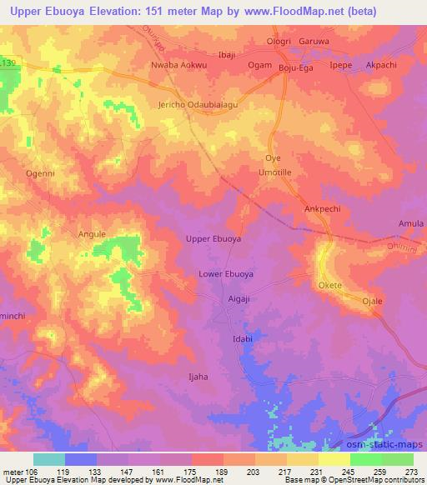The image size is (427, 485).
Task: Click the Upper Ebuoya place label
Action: click(x=213, y=238)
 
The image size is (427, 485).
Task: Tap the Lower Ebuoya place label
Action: click(x=226, y=273)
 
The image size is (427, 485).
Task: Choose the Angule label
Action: click(x=92, y=234)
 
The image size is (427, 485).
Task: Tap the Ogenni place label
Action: click(x=41, y=173)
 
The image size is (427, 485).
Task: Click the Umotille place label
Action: click(x=274, y=172)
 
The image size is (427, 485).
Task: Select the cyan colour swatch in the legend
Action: click(x=48, y=459)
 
